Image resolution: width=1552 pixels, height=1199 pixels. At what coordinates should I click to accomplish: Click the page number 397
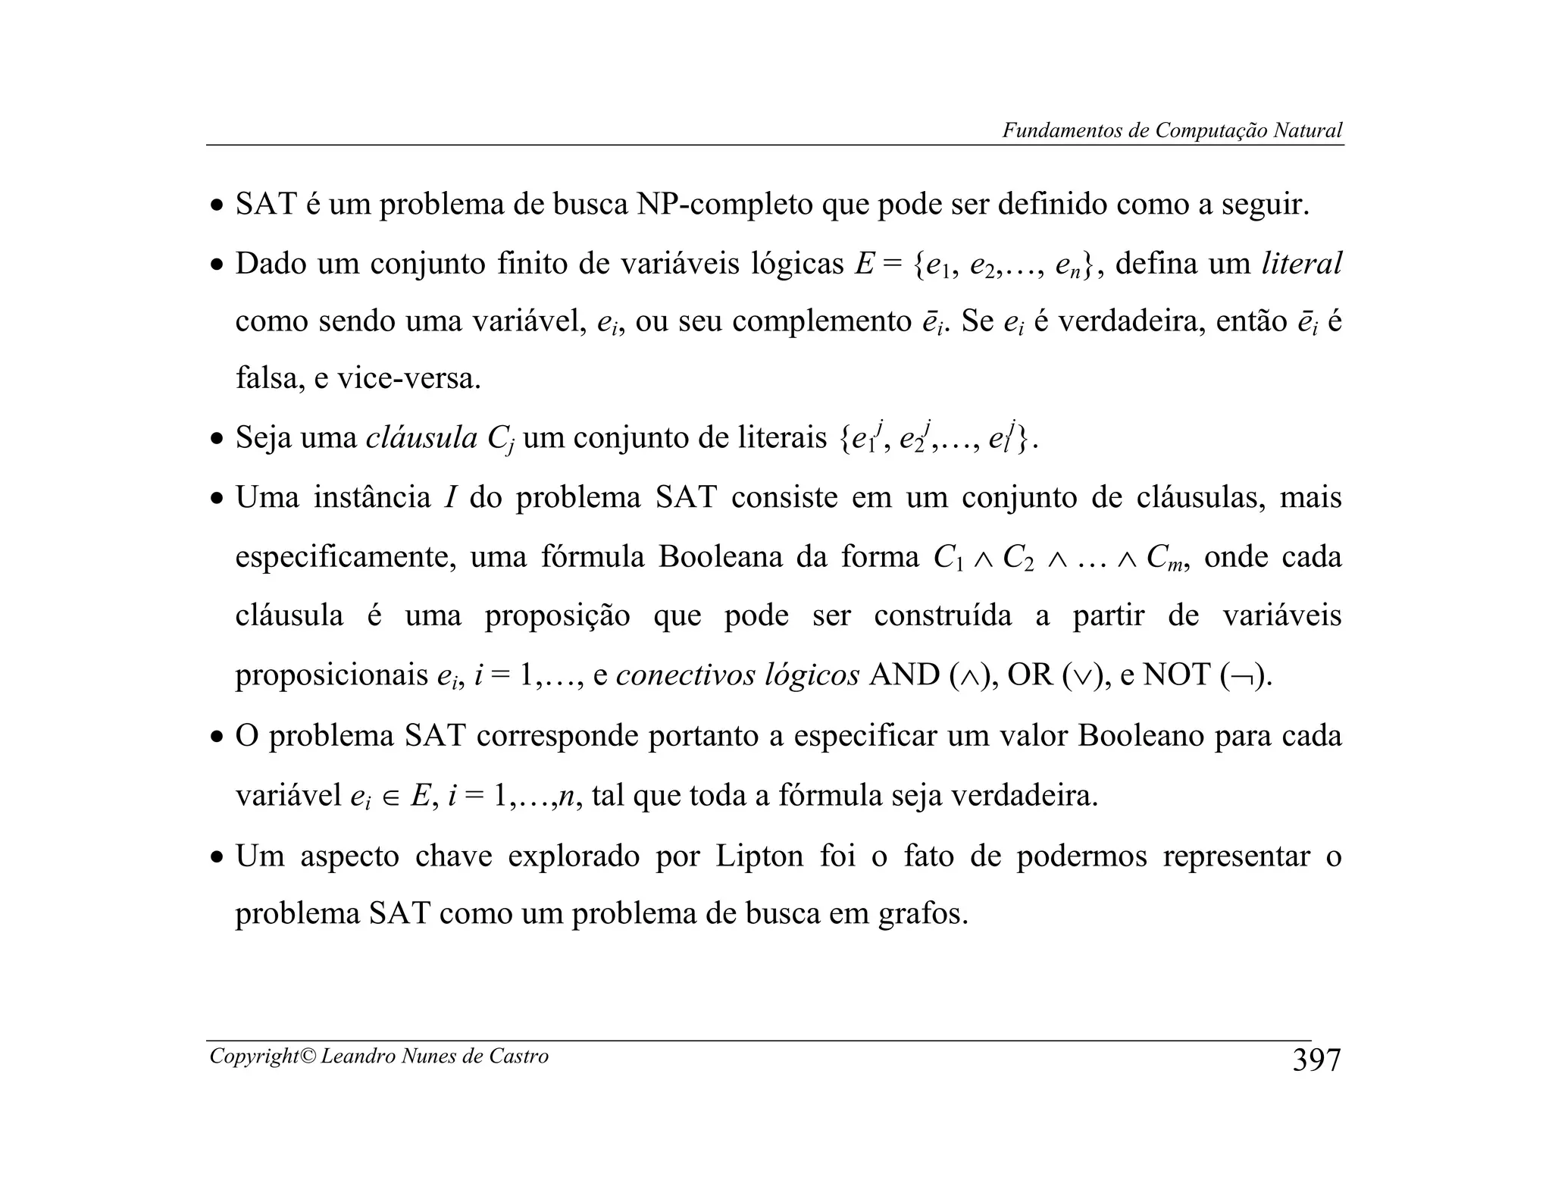[1316, 1060]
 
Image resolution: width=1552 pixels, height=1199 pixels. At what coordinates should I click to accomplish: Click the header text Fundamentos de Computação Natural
[1172, 130]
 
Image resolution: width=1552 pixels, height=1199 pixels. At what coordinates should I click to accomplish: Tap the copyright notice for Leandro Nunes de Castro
[379, 1056]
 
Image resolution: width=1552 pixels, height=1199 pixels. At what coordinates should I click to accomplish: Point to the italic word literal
[1301, 264]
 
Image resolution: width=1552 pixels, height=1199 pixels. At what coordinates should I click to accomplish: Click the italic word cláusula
[421, 438]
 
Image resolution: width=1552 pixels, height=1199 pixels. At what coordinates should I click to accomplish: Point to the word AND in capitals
[904, 675]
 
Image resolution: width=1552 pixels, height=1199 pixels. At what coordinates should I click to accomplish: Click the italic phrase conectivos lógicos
[737, 675]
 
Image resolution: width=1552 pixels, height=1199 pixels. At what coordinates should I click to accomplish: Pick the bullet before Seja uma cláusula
[217, 440]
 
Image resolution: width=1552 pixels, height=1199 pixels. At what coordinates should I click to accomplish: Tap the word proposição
[557, 615]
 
